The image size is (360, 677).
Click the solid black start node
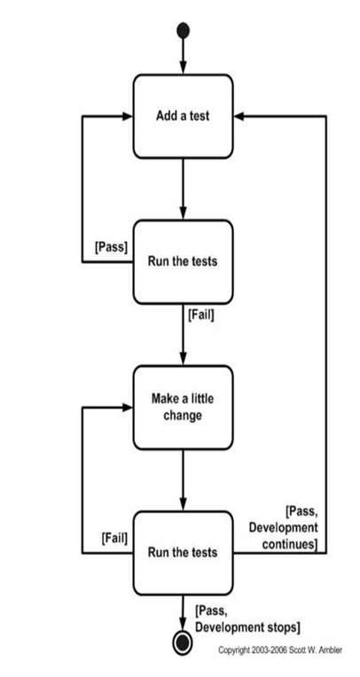click(x=184, y=31)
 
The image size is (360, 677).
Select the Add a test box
click(x=184, y=116)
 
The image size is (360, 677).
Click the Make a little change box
click(x=184, y=407)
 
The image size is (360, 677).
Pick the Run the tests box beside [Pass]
click(x=184, y=261)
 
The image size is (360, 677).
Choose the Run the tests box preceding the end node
click(x=184, y=552)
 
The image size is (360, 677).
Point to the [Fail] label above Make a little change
click(x=201, y=313)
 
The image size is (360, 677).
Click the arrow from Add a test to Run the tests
click(x=184, y=188)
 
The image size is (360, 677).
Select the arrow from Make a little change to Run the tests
click(x=184, y=479)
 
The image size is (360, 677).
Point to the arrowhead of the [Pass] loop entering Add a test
click(x=127, y=116)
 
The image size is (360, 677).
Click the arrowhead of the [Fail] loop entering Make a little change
click(x=127, y=407)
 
